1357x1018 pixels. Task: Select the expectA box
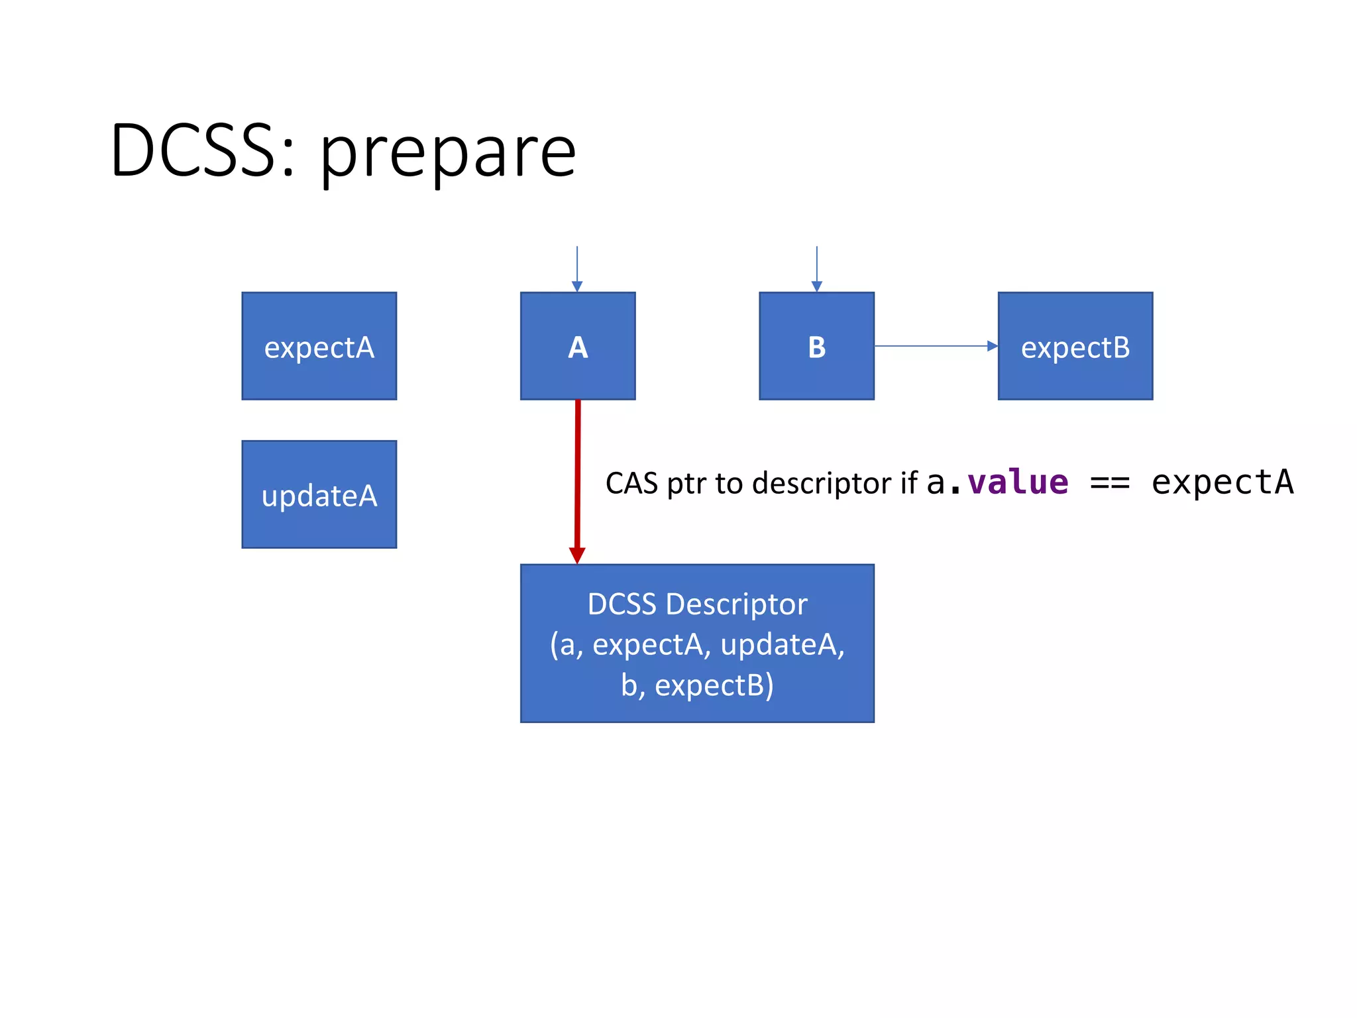[x=319, y=346]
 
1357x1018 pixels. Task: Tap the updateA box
[x=319, y=494]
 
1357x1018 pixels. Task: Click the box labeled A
[x=577, y=346]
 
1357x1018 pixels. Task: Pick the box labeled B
[x=816, y=346]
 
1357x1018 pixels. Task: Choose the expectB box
[x=1075, y=346]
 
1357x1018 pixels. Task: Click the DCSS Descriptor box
[x=697, y=643]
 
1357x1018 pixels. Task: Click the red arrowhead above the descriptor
[x=577, y=555]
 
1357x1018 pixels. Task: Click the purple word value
[x=1018, y=482]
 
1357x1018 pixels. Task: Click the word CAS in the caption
[x=631, y=483]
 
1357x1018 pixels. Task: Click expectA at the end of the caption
[x=1222, y=482]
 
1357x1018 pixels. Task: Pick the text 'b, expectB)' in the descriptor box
[x=697, y=685]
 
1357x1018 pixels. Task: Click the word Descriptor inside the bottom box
[x=736, y=604]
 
